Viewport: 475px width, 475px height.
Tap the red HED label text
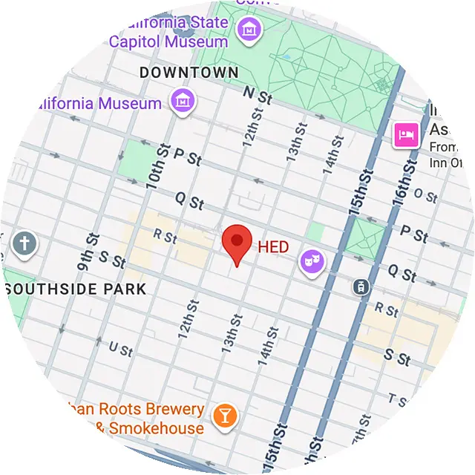click(x=273, y=247)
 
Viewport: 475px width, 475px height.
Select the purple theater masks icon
click(x=312, y=261)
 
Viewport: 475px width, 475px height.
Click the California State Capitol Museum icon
click(x=247, y=30)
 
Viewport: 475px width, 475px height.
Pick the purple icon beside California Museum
click(x=183, y=101)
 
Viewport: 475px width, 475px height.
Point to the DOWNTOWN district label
click(x=189, y=73)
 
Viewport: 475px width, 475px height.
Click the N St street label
click(x=258, y=96)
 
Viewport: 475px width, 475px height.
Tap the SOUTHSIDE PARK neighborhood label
click(x=74, y=288)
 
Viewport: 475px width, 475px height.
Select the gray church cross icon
click(x=24, y=243)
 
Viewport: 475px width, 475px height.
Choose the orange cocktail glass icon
click(x=223, y=416)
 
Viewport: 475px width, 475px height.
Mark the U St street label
click(x=119, y=348)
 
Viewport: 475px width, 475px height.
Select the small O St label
click(x=425, y=195)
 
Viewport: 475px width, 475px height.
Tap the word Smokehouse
click(x=156, y=428)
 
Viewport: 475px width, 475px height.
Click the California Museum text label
click(x=89, y=103)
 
